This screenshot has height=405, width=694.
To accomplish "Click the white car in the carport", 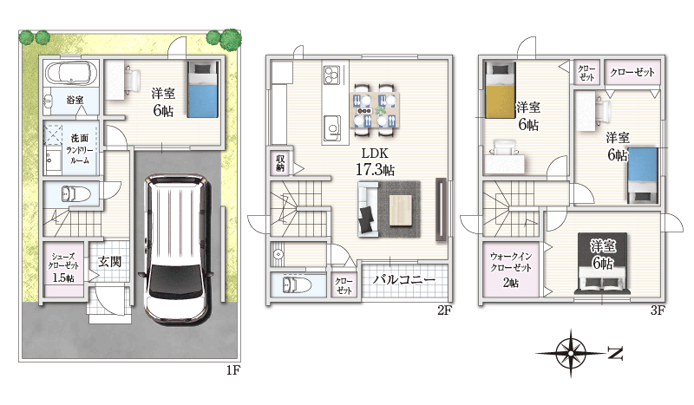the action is click(176, 249).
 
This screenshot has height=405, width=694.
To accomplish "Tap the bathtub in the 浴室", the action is click(71, 73).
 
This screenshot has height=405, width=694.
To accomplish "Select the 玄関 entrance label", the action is click(109, 261).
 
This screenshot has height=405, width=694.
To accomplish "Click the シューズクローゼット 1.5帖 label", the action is click(63, 267).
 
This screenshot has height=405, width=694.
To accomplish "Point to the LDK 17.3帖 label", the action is click(375, 161).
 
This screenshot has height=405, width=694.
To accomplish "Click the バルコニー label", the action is click(403, 280).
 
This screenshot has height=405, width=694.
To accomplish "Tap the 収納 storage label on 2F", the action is click(280, 163).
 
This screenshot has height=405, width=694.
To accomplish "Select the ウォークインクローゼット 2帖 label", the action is click(511, 269).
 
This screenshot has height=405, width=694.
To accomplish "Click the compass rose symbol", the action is click(571, 353).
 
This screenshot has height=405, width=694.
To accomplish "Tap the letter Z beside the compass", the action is click(615, 353).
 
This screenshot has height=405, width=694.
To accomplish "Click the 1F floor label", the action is click(232, 370).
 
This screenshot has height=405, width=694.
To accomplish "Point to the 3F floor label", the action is click(658, 310).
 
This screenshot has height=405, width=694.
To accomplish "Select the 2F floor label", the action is click(444, 310).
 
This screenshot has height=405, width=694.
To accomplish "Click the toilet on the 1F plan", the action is click(75, 194).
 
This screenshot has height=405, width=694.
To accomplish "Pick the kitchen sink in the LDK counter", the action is click(332, 127).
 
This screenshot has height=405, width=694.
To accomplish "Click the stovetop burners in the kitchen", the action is click(332, 75).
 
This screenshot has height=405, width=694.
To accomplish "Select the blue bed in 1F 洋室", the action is click(203, 89).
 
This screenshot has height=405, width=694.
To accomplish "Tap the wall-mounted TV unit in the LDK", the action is click(441, 209).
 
